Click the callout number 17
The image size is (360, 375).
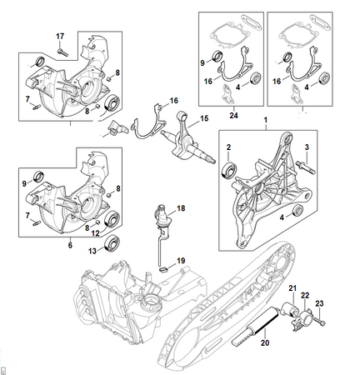(x=60, y=37)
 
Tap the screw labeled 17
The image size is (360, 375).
(x=62, y=52)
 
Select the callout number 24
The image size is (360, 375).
(x=233, y=115)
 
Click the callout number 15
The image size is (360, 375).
(x=204, y=118)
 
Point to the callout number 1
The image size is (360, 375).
(x=266, y=120)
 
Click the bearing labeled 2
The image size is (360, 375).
(x=230, y=170)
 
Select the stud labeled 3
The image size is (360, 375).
(x=306, y=167)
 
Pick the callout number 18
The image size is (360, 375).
(x=181, y=208)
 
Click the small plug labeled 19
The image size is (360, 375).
(x=163, y=269)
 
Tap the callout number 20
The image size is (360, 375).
(x=265, y=342)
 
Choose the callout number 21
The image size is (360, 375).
(x=292, y=288)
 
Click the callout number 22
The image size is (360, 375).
(x=305, y=295)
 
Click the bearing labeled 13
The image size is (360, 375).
(x=112, y=244)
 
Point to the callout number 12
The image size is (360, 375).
(x=96, y=233)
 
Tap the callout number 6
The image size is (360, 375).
(x=70, y=245)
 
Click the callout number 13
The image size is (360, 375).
(x=92, y=251)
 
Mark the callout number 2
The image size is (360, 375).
(x=228, y=147)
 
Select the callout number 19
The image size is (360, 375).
(x=181, y=261)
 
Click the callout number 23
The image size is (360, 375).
(x=319, y=303)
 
